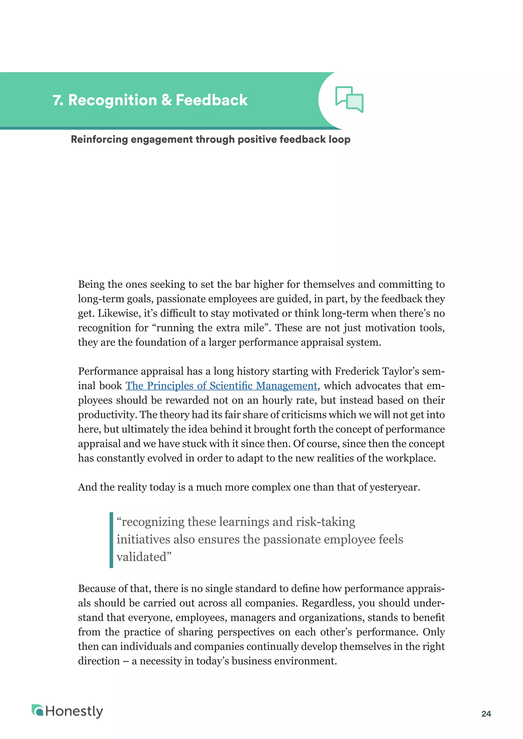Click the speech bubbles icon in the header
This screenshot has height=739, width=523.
pos(349,100)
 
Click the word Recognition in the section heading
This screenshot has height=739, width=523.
pos(112,100)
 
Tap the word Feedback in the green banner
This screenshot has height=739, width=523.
pos(212,100)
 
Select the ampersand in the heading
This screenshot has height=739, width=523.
pos(167,100)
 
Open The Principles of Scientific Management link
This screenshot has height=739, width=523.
pos(221,386)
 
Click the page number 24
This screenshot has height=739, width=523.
pos(486,713)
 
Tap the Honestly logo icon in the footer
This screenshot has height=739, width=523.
pos(37,710)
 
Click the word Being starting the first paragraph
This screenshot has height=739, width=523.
pos(91,284)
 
